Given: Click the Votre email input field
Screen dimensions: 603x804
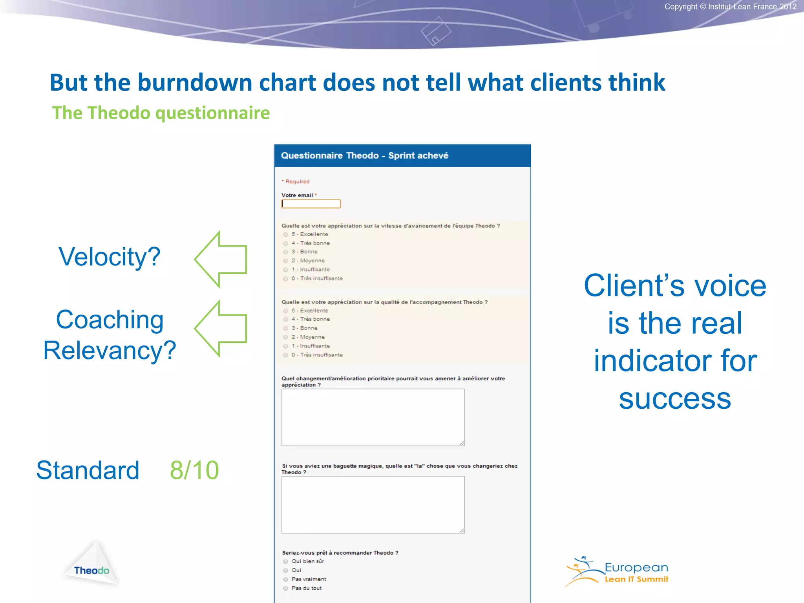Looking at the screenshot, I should [311, 204].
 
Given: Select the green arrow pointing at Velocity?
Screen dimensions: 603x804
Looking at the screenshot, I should [222, 259].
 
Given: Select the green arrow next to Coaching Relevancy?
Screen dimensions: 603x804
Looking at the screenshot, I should [222, 329].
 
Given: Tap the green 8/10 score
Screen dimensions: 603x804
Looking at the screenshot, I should [194, 470].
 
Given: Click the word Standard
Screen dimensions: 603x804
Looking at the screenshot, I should [88, 470].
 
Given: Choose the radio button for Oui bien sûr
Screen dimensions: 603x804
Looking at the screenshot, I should [286, 561].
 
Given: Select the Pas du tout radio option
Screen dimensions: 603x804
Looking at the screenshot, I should [286, 588].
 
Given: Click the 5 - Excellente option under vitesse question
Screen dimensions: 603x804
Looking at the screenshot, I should [286, 234].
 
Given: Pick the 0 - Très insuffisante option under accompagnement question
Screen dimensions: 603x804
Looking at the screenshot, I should [286, 355].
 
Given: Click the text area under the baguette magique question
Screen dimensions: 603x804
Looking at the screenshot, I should [373, 504].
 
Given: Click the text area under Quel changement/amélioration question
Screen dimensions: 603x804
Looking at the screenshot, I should [373, 417].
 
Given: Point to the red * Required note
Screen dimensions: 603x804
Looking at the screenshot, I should [296, 181].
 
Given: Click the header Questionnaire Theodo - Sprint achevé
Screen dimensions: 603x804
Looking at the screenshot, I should [364, 155].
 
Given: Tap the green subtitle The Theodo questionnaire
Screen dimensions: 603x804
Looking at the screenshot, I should [161, 113].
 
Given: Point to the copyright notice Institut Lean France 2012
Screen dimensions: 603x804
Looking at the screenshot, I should [730, 7].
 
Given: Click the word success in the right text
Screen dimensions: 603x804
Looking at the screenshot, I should [674, 398].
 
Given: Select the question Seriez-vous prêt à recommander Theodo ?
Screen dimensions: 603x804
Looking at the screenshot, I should [340, 553].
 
